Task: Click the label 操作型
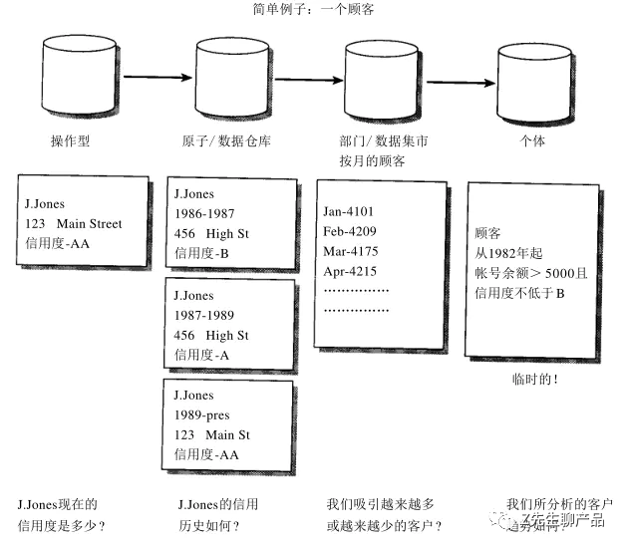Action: tap(70, 141)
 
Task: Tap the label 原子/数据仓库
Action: tap(229, 141)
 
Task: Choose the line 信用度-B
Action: tap(202, 253)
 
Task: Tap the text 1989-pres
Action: tap(202, 415)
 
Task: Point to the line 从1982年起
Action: tap(511, 252)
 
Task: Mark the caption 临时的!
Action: tap(534, 380)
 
